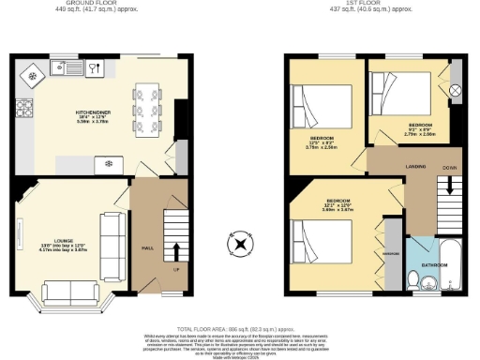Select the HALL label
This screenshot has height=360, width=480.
pyautogui.click(x=147, y=248)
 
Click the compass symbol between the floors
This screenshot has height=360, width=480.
pyautogui.click(x=241, y=246)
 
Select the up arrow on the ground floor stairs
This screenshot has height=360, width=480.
pyautogui.click(x=176, y=250)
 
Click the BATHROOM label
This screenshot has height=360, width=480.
pyautogui.click(x=434, y=265)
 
